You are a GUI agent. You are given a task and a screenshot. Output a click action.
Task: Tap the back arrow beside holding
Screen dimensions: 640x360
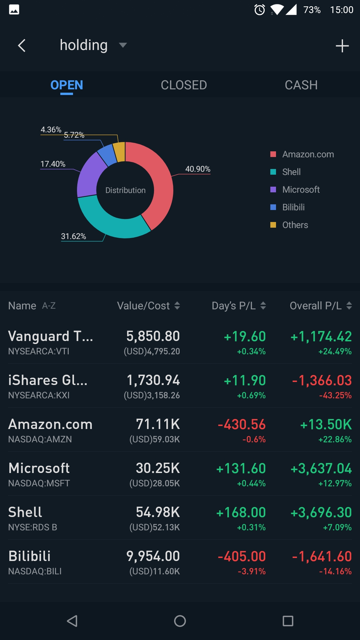pos(22,46)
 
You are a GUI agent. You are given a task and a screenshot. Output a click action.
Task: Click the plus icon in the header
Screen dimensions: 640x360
pos(342,46)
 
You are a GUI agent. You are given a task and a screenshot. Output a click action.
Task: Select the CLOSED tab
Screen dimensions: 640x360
pos(184,85)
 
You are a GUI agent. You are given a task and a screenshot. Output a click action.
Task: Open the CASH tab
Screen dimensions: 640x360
pos(301,85)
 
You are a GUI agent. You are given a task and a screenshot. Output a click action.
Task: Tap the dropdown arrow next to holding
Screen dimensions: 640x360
pos(123,45)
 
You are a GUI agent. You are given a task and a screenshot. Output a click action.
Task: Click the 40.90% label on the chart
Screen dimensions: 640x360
pos(198,169)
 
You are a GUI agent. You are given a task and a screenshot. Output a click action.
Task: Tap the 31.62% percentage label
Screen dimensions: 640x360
pos(73,236)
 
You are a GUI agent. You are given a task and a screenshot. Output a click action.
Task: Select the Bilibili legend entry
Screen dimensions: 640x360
pos(293,207)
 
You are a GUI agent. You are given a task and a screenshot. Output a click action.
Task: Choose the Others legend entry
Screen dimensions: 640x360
pos(295,225)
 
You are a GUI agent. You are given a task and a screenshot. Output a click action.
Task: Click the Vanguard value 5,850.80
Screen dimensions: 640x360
pos(153,336)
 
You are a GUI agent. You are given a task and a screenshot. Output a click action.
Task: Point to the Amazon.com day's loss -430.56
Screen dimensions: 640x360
pos(242,424)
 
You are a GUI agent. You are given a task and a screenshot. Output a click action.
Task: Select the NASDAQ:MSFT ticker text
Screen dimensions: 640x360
pos(39,483)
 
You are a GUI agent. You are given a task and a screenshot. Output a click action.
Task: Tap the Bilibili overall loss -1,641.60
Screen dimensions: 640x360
pos(322,556)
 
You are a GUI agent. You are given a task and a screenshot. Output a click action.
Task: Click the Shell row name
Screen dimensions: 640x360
pos(25,512)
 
